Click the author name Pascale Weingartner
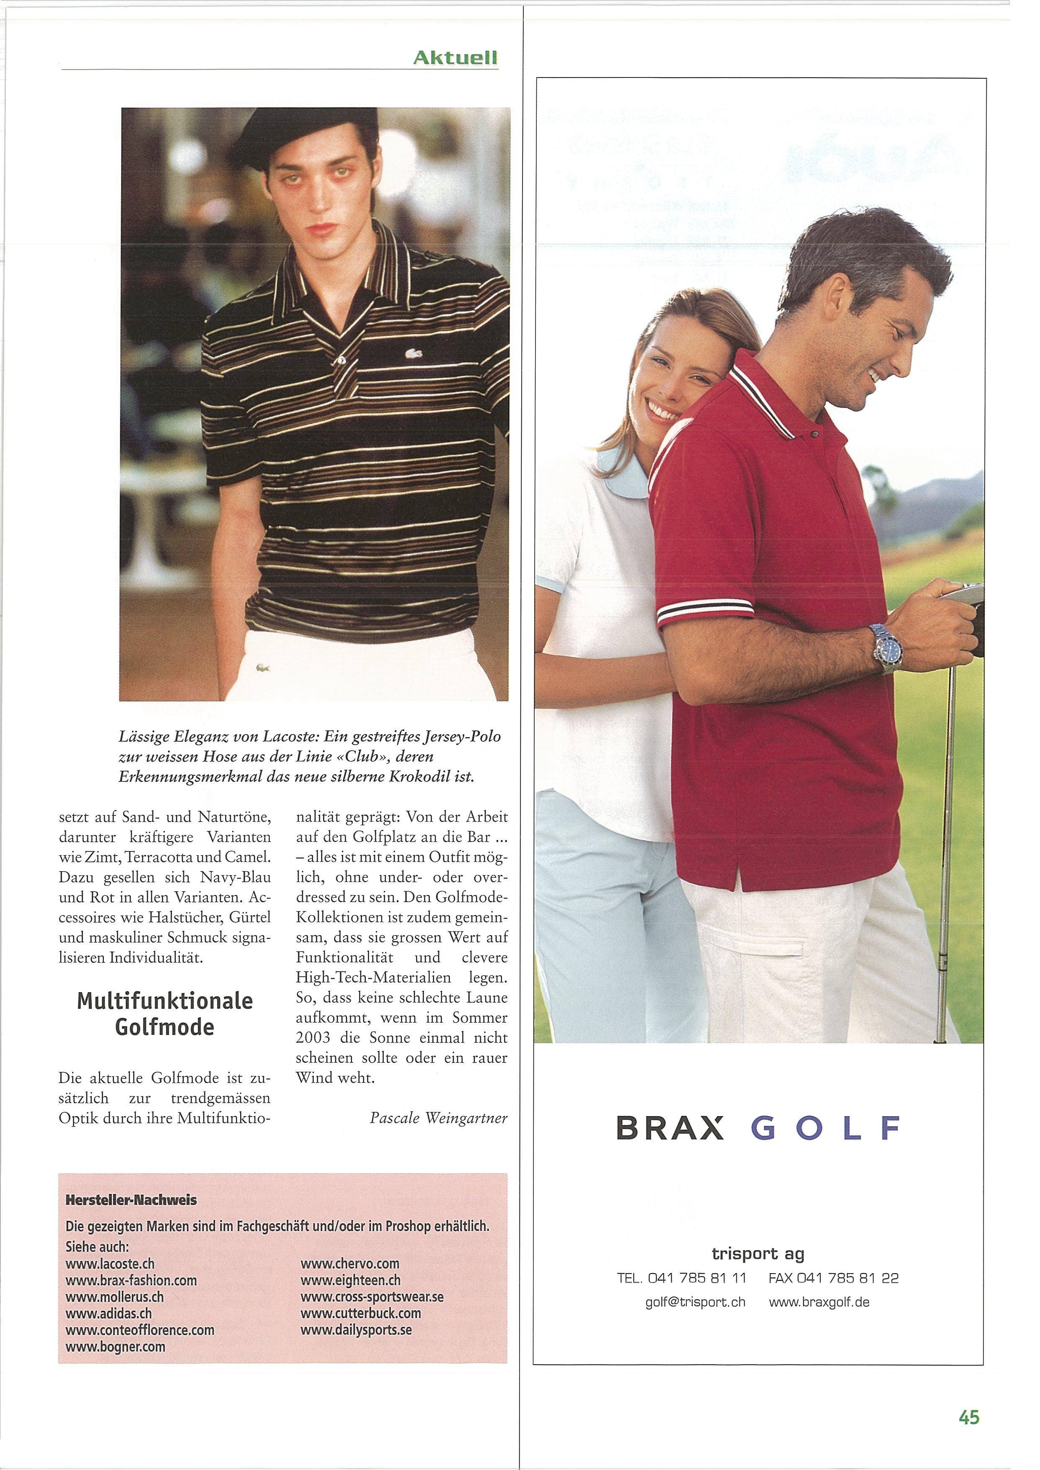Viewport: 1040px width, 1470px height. (439, 1118)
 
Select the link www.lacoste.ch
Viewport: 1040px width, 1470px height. (109, 1264)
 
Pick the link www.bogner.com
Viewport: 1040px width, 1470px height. (115, 1346)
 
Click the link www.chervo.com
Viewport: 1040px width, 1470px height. (349, 1264)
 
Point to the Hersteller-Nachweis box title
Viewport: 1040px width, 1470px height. (131, 1200)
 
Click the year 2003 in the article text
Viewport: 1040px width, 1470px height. (313, 1038)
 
